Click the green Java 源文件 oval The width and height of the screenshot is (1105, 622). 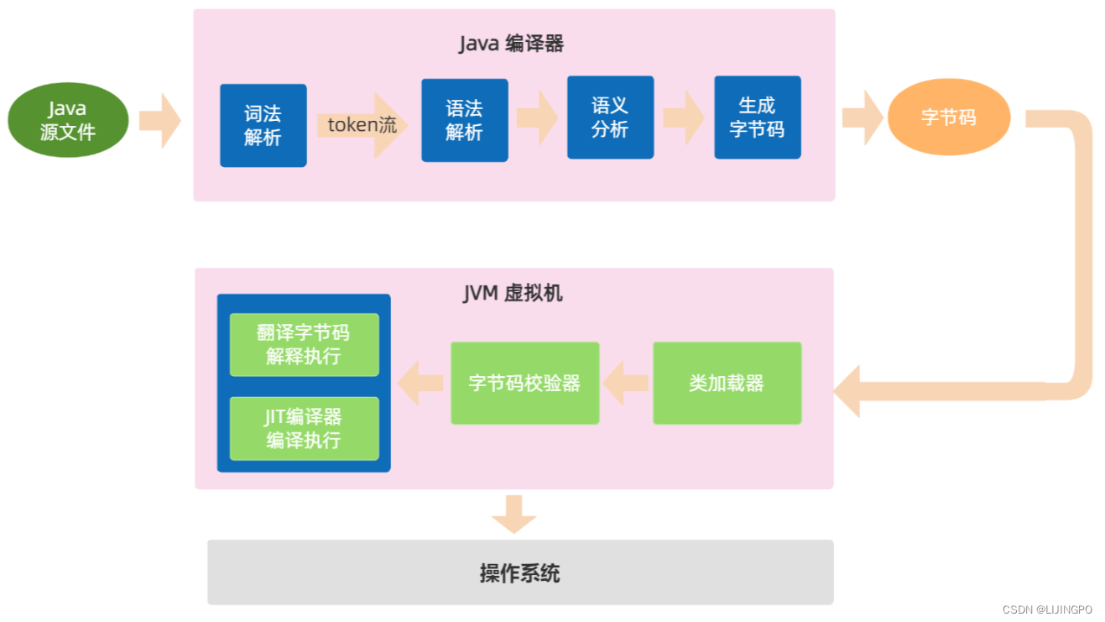pos(68,120)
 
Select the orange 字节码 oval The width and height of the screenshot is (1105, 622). pos(949,118)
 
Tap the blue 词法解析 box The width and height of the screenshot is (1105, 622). pos(263,126)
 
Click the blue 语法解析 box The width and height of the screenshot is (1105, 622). pos(464,120)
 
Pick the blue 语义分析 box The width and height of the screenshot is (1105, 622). pos(610,118)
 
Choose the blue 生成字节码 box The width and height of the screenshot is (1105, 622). pos(757,118)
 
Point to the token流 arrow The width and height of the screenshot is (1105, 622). pos(362,126)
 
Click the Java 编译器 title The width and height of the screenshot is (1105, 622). pos(511,44)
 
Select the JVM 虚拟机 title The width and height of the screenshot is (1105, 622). pos(513,293)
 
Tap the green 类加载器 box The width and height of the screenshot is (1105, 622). pos(727,384)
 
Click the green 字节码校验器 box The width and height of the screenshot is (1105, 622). pos(524,384)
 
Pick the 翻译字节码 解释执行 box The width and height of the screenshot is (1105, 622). pos(304,345)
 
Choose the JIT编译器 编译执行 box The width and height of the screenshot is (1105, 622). pos(304,429)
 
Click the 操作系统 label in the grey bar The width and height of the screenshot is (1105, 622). pos(519,573)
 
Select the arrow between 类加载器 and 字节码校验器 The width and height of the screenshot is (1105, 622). pos(626,384)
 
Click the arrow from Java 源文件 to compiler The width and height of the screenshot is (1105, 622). pos(159,121)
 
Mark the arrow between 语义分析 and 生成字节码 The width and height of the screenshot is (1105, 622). pos(683,118)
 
